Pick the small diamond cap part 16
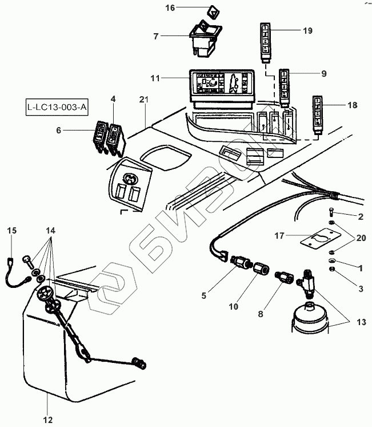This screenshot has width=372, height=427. click(x=212, y=11)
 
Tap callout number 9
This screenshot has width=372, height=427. click(x=324, y=73)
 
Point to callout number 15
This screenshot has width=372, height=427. click(x=12, y=230)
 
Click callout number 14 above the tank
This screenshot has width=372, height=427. click(x=51, y=230)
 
